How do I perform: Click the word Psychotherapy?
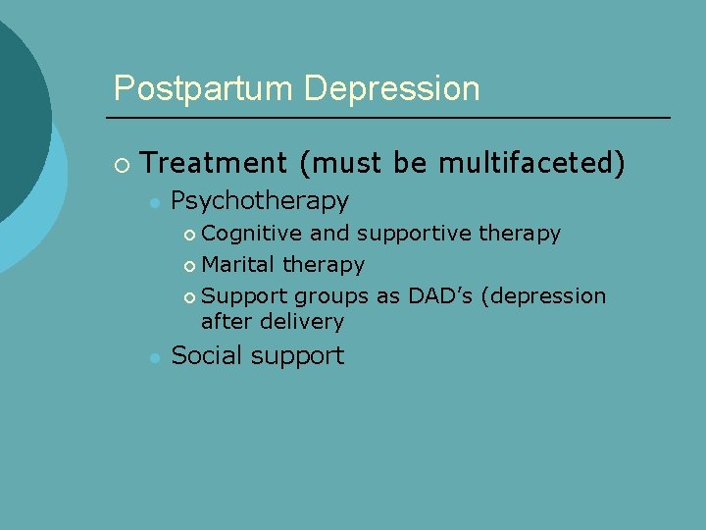[x=260, y=201]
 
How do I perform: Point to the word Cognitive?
[x=252, y=234]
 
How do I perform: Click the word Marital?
[x=238, y=265]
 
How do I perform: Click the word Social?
[x=207, y=355]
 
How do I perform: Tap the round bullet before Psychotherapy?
[x=153, y=202]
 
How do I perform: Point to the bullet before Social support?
[x=153, y=357]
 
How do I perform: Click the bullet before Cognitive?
[x=189, y=235]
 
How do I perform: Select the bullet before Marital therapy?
[x=189, y=266]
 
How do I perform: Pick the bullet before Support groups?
[x=189, y=297]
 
